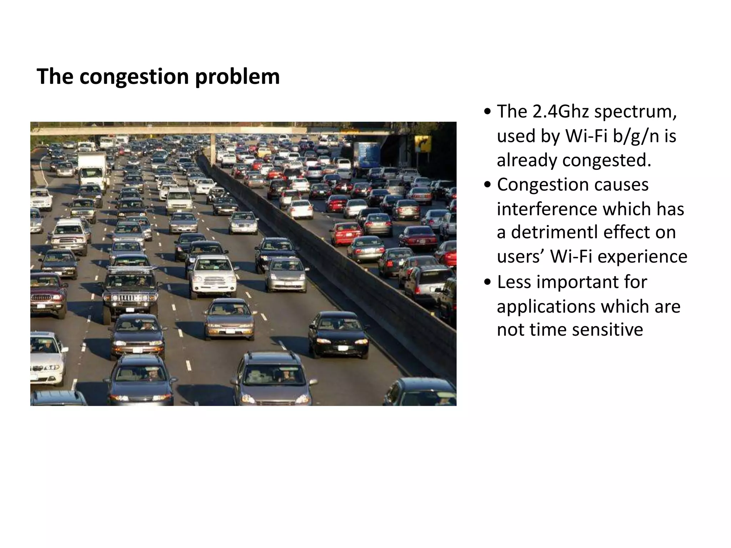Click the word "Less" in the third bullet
514,282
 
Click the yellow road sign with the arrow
423,143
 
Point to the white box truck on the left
93,169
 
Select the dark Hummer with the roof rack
130,289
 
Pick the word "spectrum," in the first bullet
635,111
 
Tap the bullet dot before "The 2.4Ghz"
488,112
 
